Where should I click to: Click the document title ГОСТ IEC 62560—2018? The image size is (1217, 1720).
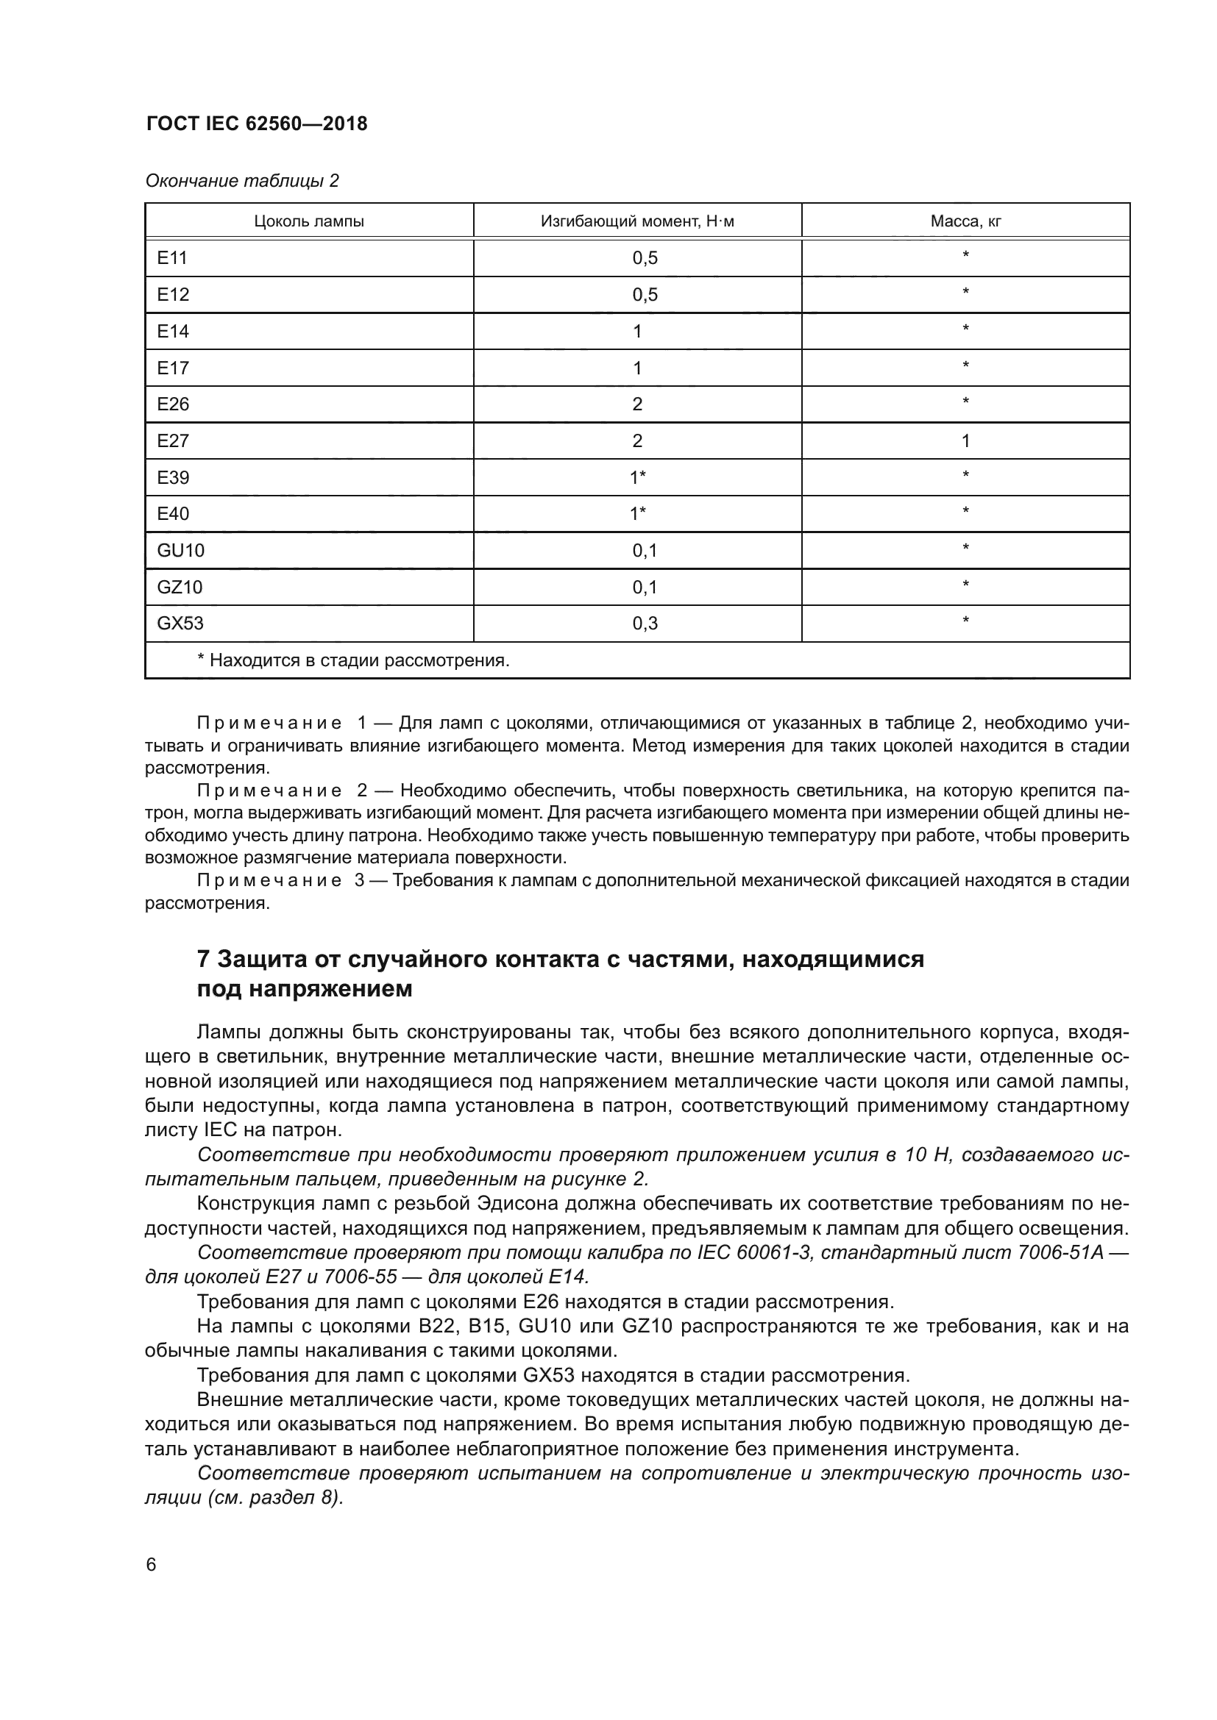256,124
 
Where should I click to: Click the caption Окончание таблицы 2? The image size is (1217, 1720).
242,181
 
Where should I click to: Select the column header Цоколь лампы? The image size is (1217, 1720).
309,221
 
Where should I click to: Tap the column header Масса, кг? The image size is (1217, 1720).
965,221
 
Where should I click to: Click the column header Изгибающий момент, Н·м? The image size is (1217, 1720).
637,221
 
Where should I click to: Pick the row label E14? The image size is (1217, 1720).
173,331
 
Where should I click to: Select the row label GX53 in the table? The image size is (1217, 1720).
180,624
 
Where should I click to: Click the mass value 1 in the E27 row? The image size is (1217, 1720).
965,441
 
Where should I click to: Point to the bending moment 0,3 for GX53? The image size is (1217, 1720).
645,624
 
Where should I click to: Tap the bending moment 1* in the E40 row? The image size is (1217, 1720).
638,514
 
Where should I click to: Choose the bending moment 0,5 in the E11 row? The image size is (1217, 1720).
645,258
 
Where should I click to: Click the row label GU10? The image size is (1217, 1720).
180,551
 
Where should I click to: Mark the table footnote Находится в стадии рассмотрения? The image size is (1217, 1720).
353,661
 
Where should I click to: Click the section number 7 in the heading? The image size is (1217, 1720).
203,960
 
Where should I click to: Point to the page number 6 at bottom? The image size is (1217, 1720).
152,1565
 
